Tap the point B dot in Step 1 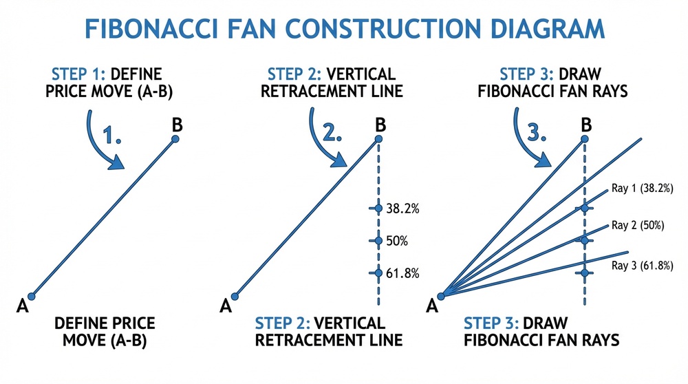tap(175, 139)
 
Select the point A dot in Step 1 tap(31, 297)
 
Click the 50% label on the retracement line tap(398, 241)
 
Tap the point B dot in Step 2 tap(378, 140)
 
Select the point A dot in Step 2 tap(235, 297)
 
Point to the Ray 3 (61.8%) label tap(642, 265)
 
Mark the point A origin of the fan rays tap(442, 297)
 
